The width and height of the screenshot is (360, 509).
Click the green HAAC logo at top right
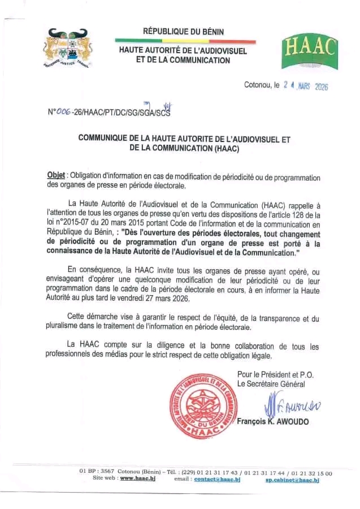tap(309, 50)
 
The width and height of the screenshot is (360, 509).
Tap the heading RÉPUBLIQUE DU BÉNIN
tap(183, 32)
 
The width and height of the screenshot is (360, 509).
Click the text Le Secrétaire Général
tap(271, 384)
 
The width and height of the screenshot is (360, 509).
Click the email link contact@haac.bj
tap(217, 479)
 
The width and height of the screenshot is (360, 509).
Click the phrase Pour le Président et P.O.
tap(275, 374)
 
